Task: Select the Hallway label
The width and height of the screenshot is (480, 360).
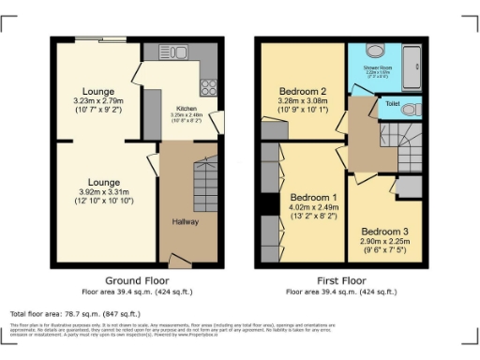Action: (x=185, y=221)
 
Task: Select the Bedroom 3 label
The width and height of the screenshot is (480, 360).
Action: (x=384, y=231)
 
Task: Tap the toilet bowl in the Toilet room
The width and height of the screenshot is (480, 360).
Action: (x=409, y=109)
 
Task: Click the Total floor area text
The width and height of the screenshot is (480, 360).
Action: (x=75, y=313)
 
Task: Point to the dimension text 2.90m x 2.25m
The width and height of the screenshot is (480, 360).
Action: (x=384, y=247)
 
